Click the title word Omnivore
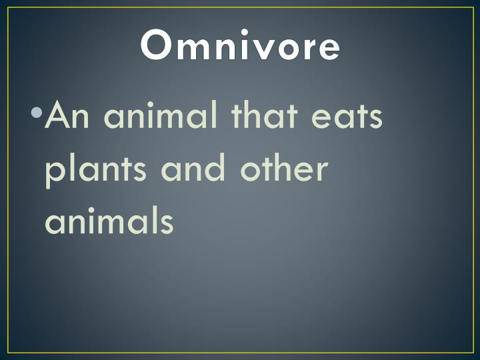[240, 47]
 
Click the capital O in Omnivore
[157, 47]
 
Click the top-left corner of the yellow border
[8, 8]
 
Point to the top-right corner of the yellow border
[471, 8]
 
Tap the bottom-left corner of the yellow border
[8, 352]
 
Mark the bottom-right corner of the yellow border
[471, 352]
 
